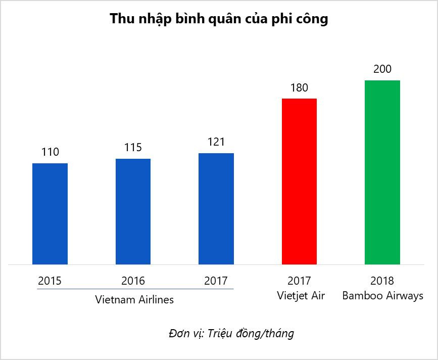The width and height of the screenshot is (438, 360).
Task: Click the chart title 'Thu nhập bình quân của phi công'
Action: [x=219, y=19]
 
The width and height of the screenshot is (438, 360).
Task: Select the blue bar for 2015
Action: [x=50, y=213]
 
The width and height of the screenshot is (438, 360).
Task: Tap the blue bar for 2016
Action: [x=133, y=211]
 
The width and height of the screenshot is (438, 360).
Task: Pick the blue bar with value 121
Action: [x=216, y=208]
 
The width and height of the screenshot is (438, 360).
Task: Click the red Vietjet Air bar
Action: [x=299, y=181]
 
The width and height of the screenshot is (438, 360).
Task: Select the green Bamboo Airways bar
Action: [x=382, y=172]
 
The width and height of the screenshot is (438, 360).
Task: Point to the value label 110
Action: [x=50, y=152]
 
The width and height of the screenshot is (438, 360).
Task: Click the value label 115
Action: [x=133, y=148]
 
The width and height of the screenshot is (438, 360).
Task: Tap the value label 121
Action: [x=216, y=142]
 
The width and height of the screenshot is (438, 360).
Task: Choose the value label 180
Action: [x=299, y=87]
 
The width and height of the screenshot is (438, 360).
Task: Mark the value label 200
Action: [x=382, y=69]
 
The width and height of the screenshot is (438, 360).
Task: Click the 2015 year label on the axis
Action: [x=50, y=281]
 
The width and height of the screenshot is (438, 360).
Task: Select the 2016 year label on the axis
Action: [x=133, y=281]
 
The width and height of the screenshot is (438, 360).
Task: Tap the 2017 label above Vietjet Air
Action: [x=299, y=281]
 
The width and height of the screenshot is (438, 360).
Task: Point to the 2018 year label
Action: [x=382, y=281]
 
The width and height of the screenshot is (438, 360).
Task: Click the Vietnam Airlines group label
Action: [x=134, y=299]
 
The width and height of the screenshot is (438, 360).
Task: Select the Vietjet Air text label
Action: [x=301, y=296]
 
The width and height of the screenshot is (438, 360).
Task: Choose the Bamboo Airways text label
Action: [x=382, y=296]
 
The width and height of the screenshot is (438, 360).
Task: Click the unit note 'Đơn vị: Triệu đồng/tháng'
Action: [x=231, y=334]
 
